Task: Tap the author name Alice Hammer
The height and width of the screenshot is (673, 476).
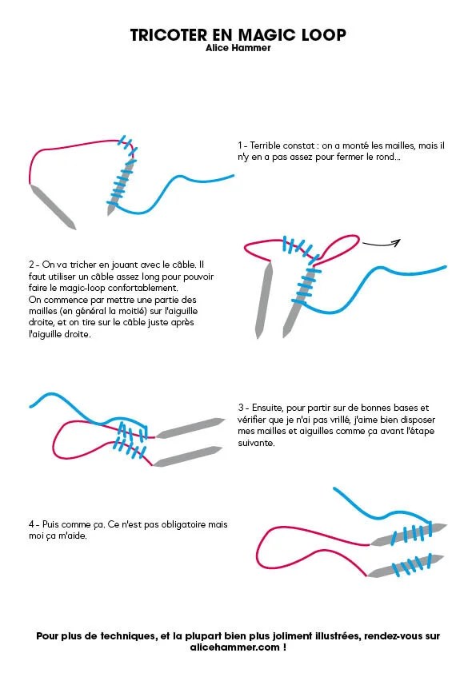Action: [x=238, y=48]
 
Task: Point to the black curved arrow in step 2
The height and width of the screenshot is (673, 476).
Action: [x=382, y=245]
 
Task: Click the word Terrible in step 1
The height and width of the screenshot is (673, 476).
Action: [x=265, y=145]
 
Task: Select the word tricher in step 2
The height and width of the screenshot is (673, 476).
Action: [x=83, y=265]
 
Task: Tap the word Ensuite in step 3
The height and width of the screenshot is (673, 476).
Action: [x=267, y=408]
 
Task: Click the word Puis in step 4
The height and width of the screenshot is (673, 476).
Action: [x=50, y=524]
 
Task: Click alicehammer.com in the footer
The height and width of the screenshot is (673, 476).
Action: [x=234, y=647]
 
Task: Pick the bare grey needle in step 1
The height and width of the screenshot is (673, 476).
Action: [x=53, y=207]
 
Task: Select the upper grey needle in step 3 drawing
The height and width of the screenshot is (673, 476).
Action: [x=190, y=428]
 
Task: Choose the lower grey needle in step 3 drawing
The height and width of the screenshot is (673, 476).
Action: [x=188, y=456]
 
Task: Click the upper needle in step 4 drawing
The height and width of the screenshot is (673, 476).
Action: [x=408, y=535]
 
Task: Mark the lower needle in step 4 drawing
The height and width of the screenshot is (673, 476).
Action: [x=405, y=566]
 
